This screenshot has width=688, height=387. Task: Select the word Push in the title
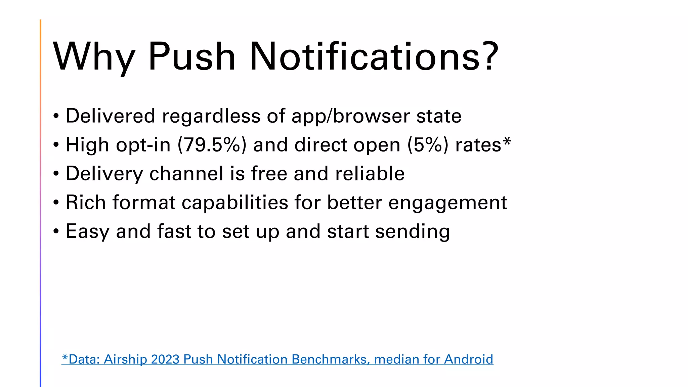click(191, 56)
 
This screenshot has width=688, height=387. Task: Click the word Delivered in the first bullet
click(111, 116)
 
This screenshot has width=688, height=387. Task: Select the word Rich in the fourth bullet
click(86, 203)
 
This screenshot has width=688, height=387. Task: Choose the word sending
click(412, 232)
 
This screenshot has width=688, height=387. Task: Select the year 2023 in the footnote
click(165, 359)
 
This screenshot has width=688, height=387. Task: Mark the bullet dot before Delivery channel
click(56, 174)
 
